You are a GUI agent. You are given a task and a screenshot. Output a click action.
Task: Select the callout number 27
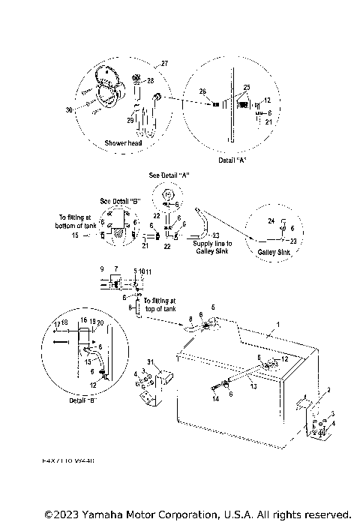tap(164, 64)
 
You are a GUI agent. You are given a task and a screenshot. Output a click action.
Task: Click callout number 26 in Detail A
tap(202, 91)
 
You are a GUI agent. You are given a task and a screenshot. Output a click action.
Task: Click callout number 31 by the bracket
tap(150, 363)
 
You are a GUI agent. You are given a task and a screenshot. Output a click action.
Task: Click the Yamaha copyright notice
tap(197, 514)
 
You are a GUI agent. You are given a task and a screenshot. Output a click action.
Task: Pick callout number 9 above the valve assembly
tap(102, 268)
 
